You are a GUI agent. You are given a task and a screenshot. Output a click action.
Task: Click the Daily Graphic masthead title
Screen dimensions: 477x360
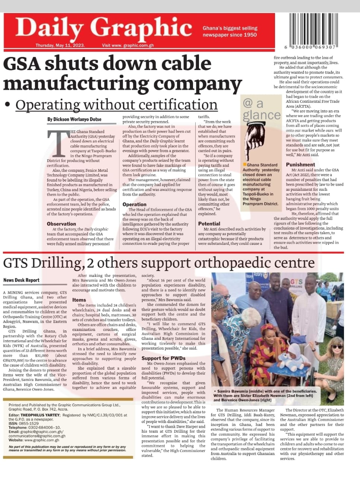point(103,28)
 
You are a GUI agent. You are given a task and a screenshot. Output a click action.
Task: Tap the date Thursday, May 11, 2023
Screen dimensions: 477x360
point(60,45)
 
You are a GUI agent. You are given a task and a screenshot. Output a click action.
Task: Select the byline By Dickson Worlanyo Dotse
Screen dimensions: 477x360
point(74,120)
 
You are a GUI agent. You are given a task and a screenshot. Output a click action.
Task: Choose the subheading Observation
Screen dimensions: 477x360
point(61,224)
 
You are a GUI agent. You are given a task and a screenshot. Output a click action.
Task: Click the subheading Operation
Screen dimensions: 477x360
point(135,204)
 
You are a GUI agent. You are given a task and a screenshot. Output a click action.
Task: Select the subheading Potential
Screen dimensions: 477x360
point(209,224)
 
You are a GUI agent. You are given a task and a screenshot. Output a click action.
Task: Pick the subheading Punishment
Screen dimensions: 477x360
point(300,164)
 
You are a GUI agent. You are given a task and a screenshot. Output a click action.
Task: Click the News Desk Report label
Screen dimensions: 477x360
point(21,280)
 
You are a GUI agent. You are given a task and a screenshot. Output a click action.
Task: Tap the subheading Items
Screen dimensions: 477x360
point(79,300)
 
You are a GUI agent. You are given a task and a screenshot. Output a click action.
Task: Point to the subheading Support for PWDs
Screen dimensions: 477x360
point(163,358)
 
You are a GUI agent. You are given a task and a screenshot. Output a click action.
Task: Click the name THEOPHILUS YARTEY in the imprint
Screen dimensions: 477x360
point(40,415)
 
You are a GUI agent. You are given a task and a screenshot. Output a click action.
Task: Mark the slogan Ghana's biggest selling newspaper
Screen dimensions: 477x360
point(230,31)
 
